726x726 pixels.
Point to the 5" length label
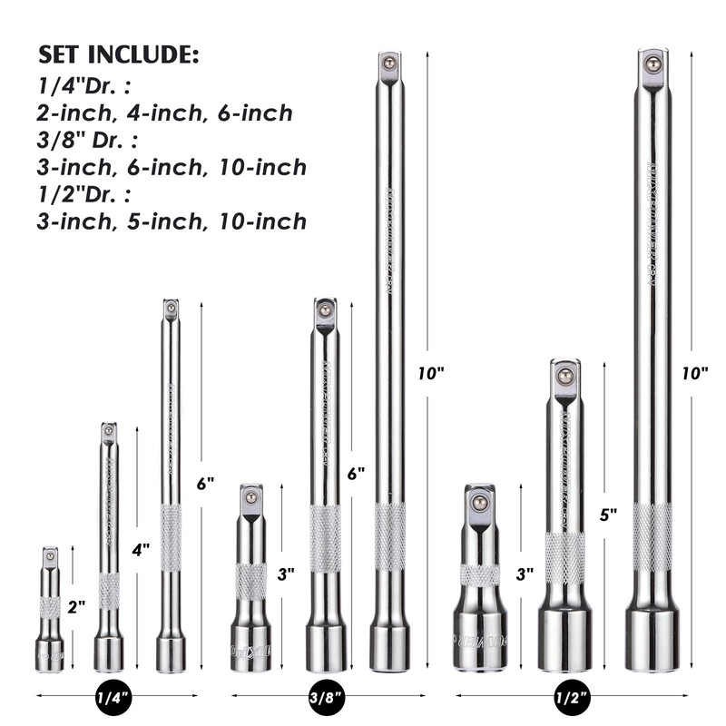click(608, 514)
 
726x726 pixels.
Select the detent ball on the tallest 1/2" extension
click(652, 63)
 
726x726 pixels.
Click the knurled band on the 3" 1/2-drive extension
click(480, 575)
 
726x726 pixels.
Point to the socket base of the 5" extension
click(564, 640)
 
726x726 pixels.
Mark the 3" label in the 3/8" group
click(286, 574)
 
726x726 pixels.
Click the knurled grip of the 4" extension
click(109, 591)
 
